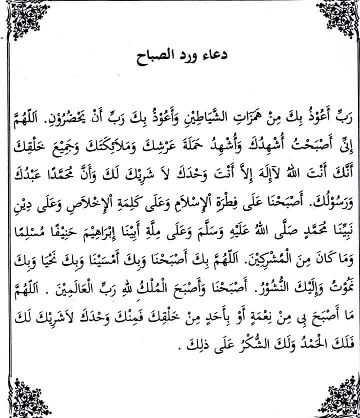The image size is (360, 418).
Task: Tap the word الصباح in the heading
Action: click(x=155, y=53)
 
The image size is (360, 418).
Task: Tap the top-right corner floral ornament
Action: click(x=335, y=21)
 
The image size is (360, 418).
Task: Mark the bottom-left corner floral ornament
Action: click(x=24, y=397)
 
